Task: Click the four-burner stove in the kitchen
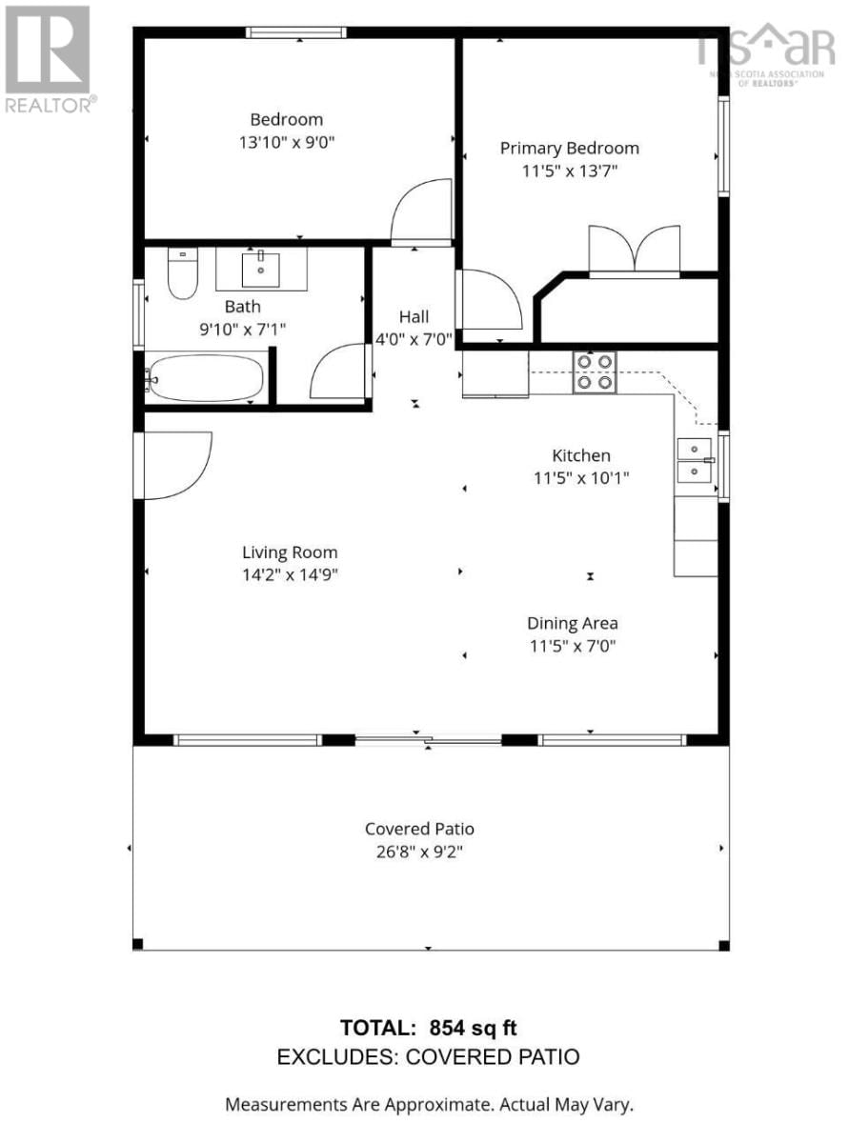tap(594, 372)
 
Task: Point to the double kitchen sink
tap(695, 459)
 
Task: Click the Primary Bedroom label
tap(569, 148)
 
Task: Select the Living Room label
tap(289, 552)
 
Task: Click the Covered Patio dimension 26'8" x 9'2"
tap(419, 852)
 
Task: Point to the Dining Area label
tap(572, 623)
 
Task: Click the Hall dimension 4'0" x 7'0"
tap(414, 339)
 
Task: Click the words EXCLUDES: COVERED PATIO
tap(428, 1056)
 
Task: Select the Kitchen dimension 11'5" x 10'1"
tap(580, 478)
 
